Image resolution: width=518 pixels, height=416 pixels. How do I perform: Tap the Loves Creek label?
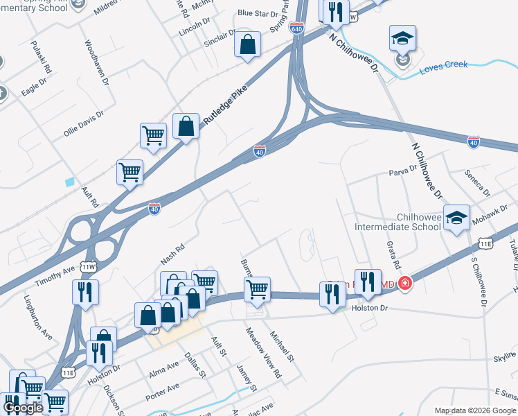click(444, 64)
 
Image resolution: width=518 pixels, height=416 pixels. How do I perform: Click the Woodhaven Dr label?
click(96, 63)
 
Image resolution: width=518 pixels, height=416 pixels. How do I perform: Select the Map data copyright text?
click(474, 410)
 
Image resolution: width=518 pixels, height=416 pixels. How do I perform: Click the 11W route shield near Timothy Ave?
click(88, 266)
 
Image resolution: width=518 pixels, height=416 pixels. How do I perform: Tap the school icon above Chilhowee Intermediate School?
click(456, 218)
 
